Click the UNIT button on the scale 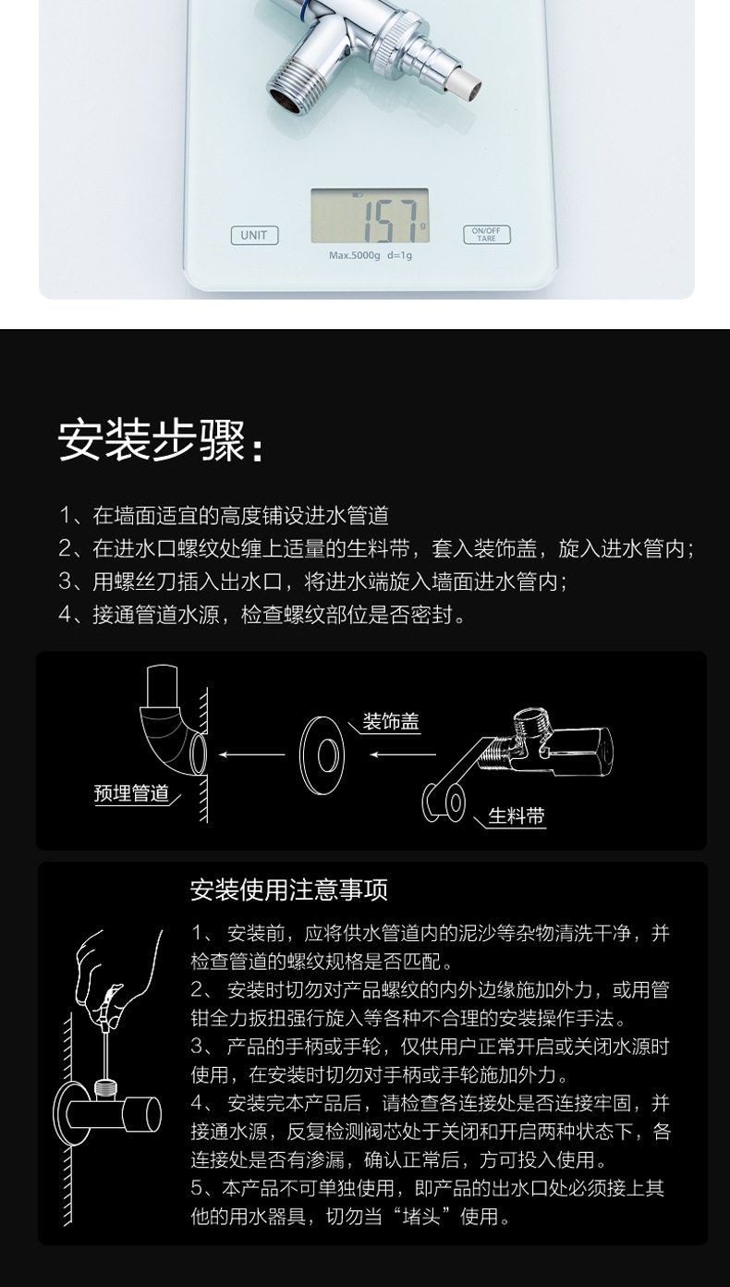click(x=254, y=235)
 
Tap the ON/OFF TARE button click(x=486, y=235)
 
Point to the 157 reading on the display click(x=390, y=221)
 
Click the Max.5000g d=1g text click(x=371, y=255)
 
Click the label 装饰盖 click(x=391, y=722)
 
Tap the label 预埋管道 click(x=131, y=793)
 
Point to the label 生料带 click(x=517, y=815)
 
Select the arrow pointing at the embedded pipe click(x=252, y=754)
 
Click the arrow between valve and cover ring click(x=403, y=754)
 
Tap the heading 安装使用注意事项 click(x=289, y=890)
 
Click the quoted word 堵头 click(x=421, y=1217)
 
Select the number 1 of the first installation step click(x=66, y=515)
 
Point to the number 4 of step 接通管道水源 click(x=66, y=615)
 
